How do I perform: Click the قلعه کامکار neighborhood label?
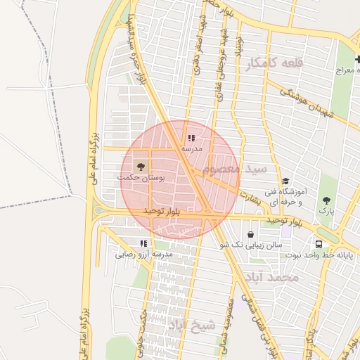click(275, 63)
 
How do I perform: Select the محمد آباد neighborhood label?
click(274, 278)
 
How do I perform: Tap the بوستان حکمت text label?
click(141, 179)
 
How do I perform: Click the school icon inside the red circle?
click(191, 138)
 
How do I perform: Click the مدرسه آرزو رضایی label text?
click(143, 254)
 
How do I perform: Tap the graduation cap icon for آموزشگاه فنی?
click(285, 181)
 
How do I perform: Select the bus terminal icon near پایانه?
click(320, 244)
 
